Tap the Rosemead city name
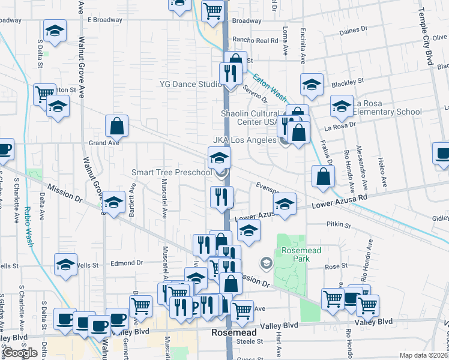coord(234,332)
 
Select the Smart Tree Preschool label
coord(172,173)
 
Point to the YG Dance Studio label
coord(190,85)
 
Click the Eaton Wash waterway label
coord(269,88)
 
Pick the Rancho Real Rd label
coord(256,40)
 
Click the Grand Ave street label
coord(101,143)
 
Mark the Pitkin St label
coord(339,224)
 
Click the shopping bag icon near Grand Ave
coord(116,126)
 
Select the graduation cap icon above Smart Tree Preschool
coord(220,158)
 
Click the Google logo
coord(20,353)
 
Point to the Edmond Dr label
coord(127,263)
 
